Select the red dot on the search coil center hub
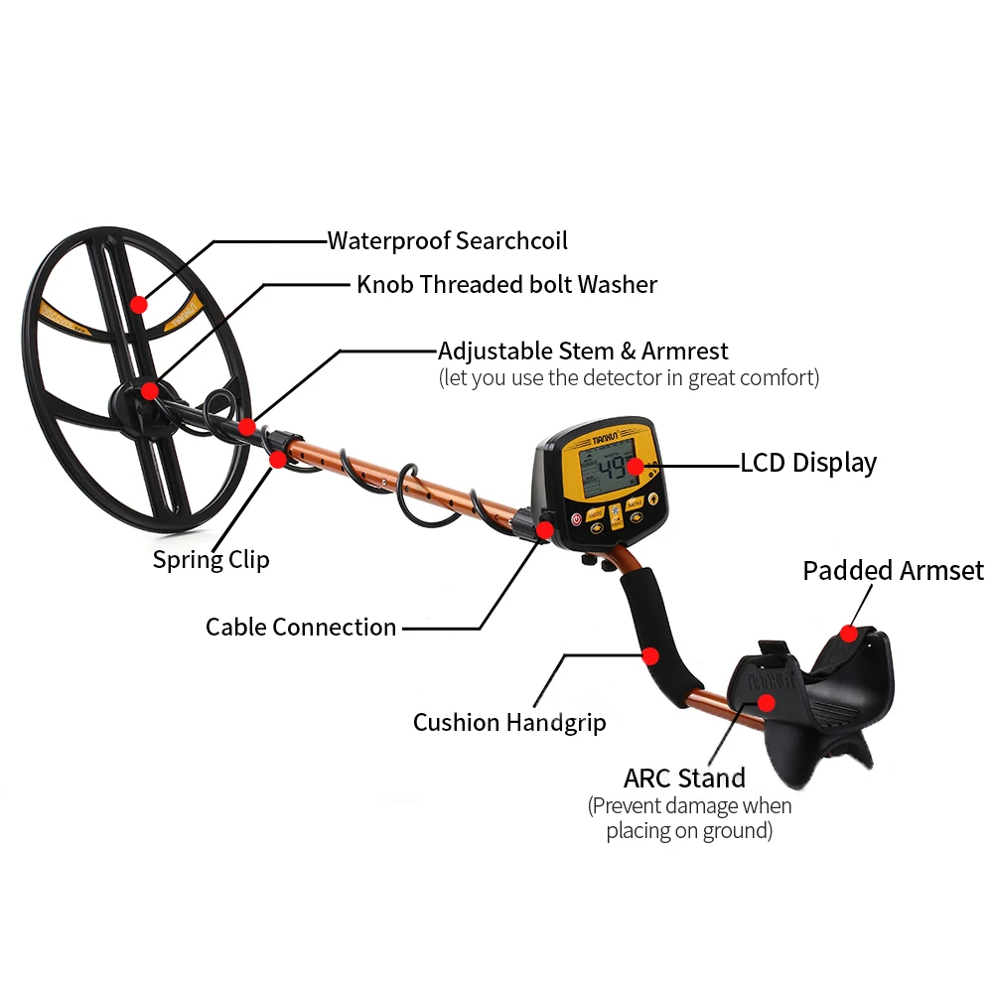coord(149,390)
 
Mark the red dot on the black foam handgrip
coord(650,655)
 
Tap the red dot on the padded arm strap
coord(847,633)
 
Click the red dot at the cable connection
coord(544,530)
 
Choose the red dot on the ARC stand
coord(767,703)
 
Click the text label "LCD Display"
coord(808,463)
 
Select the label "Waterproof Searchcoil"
coord(448,240)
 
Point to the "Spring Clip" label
coord(211,559)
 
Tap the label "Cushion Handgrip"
coord(509,722)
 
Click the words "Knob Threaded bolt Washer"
coord(506,285)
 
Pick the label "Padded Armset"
coord(893,571)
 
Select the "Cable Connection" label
coord(301,627)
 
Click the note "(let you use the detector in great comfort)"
coord(629,378)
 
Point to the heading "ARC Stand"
coord(684,777)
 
